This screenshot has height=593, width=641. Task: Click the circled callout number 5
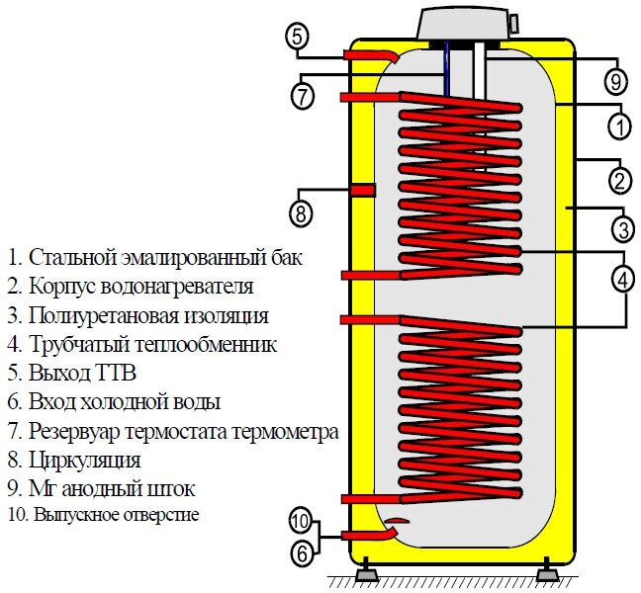coord(298,38)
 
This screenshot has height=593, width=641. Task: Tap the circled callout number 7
coord(303,96)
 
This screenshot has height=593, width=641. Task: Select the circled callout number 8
coord(301,211)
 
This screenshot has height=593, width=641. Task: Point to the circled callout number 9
coord(614,79)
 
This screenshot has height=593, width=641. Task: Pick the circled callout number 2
coord(619,181)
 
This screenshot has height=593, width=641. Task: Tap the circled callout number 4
coord(621,280)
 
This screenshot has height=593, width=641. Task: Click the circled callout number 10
coord(301,520)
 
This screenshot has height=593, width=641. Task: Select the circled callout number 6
coord(301,554)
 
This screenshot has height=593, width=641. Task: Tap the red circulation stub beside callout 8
coord(362,189)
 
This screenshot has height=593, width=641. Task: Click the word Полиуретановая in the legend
coord(92,316)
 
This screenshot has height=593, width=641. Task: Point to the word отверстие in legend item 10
coord(161,515)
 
